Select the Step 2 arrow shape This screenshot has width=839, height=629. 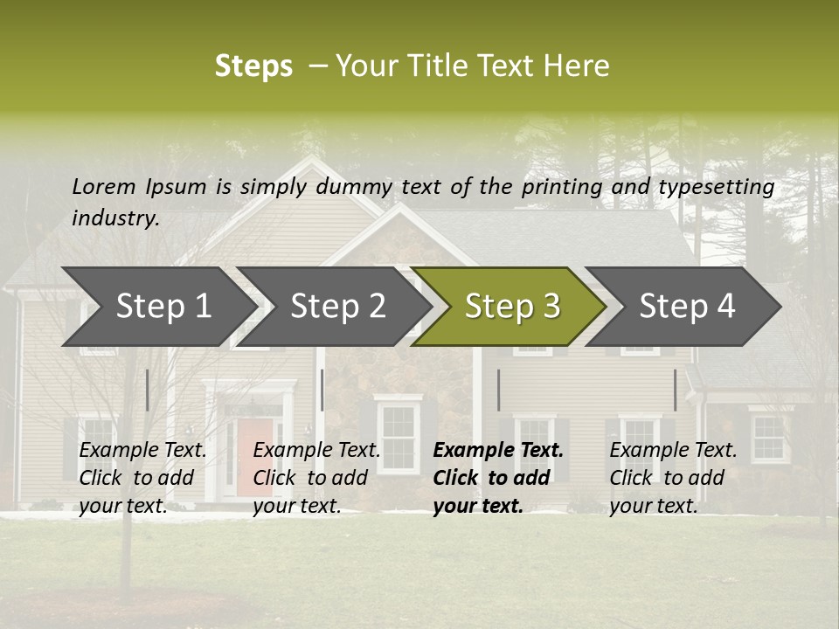[x=336, y=307]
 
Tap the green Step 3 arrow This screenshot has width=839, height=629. [x=511, y=307]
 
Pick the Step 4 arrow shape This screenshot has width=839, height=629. [x=686, y=307]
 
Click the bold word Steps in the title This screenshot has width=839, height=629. [x=253, y=66]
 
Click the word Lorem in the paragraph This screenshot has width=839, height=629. [x=103, y=186]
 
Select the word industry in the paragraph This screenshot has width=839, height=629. [x=114, y=218]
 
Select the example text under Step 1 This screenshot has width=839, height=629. [x=142, y=478]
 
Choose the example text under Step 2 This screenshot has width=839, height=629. [x=316, y=478]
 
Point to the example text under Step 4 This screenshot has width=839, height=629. [x=673, y=478]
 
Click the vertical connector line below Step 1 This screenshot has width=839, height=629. [x=147, y=390]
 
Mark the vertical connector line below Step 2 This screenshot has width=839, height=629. [x=322, y=390]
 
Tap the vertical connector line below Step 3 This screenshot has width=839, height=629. [x=498, y=390]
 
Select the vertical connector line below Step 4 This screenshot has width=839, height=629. [x=675, y=390]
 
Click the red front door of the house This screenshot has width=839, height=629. [x=254, y=453]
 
